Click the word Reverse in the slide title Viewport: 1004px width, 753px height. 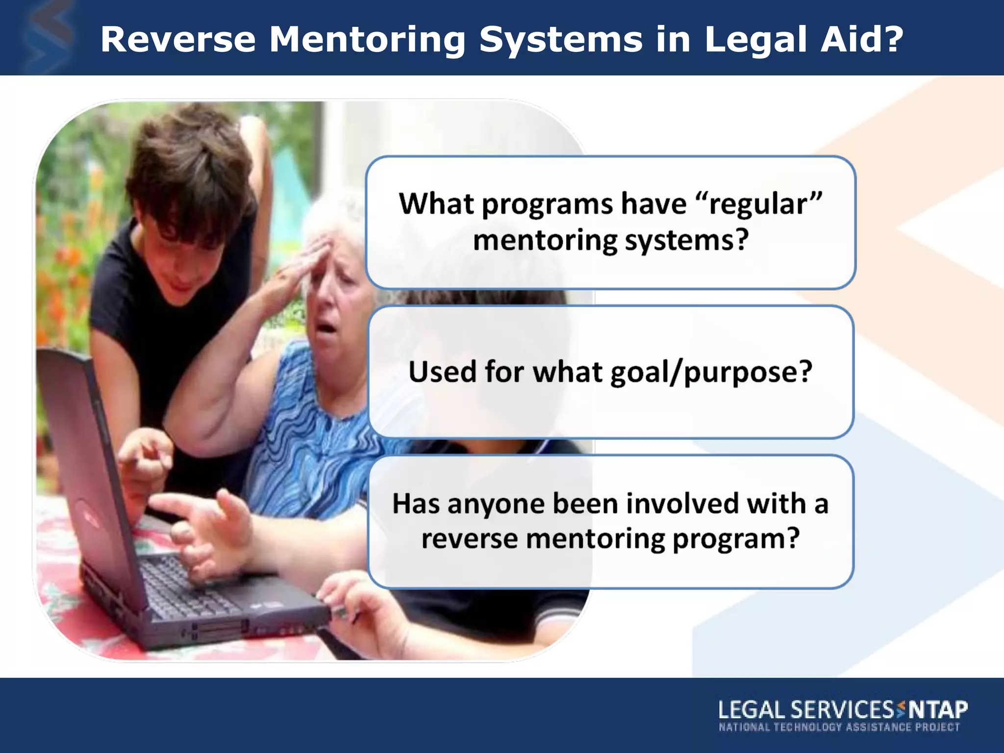pos(178,39)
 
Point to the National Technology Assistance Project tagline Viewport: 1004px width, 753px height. pos(839,727)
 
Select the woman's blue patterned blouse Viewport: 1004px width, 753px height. pos(314,441)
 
